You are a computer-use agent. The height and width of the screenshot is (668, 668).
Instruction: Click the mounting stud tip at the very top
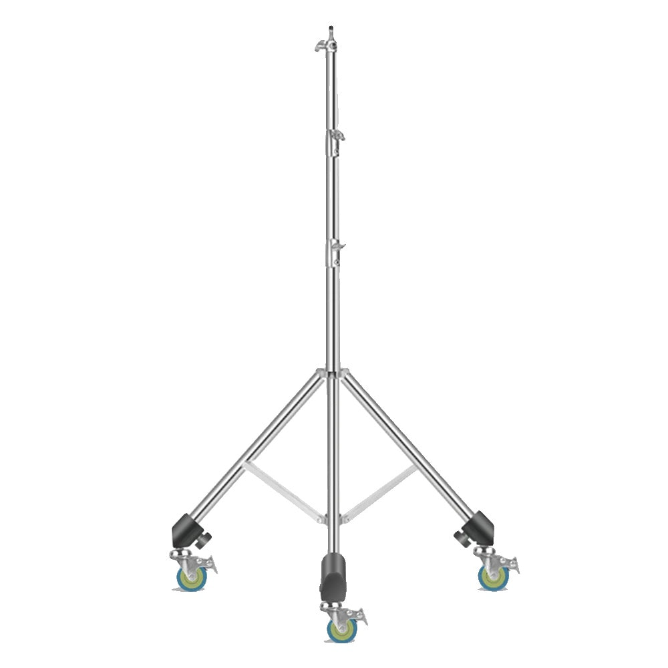tap(331, 29)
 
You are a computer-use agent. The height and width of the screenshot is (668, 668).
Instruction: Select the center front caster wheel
tap(340, 629)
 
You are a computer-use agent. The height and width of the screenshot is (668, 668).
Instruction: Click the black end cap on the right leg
tap(480, 528)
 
